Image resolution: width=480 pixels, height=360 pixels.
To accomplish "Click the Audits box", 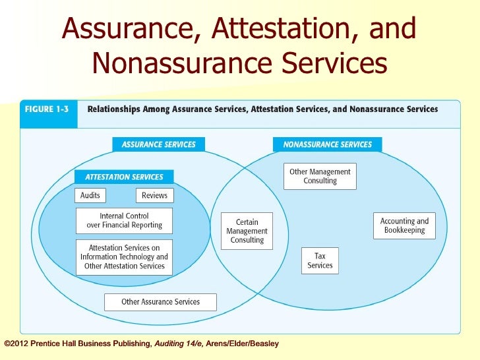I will click(90, 195).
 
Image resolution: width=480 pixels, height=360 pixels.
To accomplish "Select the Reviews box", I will click(154, 195).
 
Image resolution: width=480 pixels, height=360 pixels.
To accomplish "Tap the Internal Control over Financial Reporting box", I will click(124, 221).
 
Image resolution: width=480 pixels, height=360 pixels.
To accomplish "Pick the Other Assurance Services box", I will click(160, 302).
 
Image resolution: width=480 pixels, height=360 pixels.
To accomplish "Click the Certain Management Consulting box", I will click(247, 231).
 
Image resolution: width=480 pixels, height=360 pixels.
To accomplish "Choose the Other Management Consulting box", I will click(320, 176).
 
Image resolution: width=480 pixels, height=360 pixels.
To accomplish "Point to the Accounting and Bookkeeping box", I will click(404, 225).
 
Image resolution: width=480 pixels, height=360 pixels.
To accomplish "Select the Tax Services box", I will click(320, 260).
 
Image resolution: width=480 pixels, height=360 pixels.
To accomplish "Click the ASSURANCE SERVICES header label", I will click(158, 144).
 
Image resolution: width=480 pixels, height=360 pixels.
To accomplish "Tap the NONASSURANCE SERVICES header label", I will click(327, 144).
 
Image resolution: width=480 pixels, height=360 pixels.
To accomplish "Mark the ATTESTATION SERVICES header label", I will click(124, 177).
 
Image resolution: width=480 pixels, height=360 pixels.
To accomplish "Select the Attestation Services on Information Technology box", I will click(124, 257).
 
